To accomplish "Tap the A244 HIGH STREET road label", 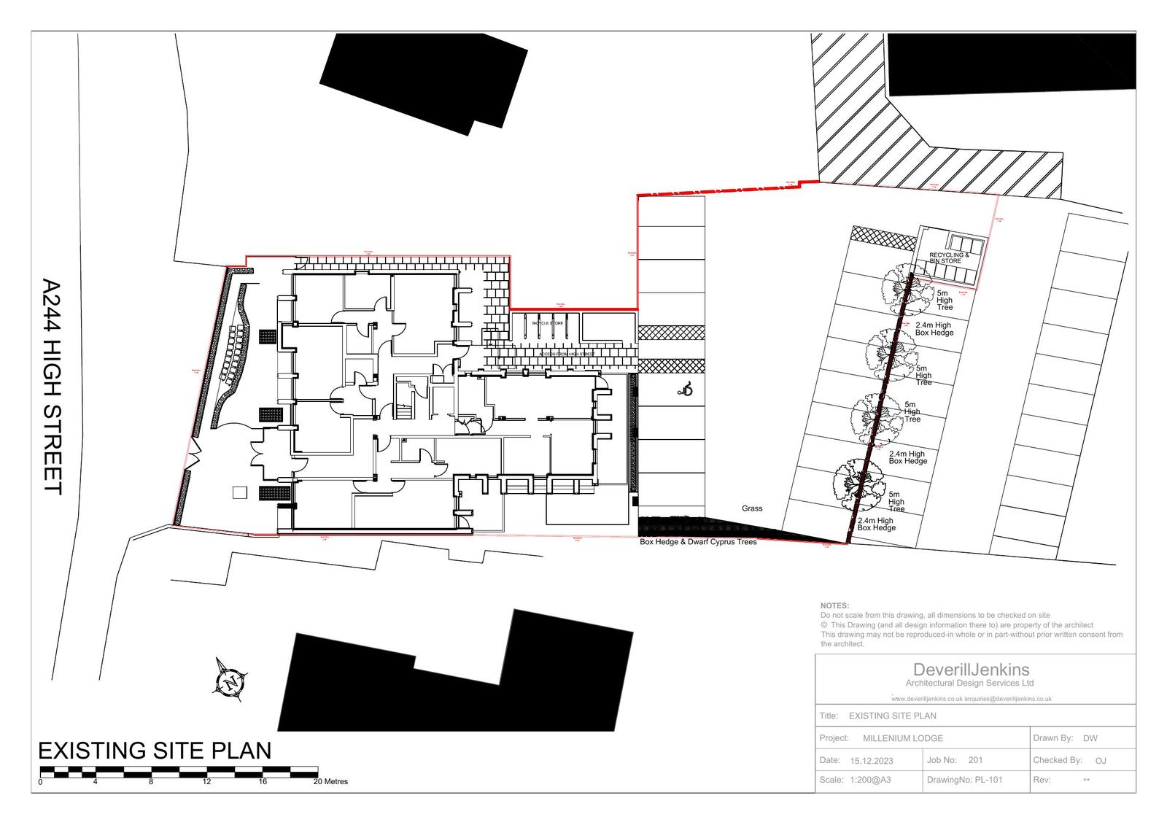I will (53, 387).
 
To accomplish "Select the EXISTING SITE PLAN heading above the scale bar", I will (155, 751).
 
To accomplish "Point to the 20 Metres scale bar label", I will (331, 782).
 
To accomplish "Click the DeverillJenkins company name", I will (971, 670).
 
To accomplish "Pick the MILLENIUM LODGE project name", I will (903, 738).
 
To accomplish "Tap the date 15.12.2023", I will (871, 761).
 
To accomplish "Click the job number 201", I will (976, 760).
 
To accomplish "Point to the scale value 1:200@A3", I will (870, 780).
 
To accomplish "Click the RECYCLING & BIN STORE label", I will (948, 258).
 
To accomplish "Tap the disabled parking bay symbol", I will (685, 392).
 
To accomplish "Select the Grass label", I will (752, 508).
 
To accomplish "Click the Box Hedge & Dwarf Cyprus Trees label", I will (698, 542).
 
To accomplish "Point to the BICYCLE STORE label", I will (547, 322).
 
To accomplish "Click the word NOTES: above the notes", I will (834, 605).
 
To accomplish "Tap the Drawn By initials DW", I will (1090, 738).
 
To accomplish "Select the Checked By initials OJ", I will (1101, 761).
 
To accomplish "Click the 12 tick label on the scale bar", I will (207, 782).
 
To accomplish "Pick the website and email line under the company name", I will (971, 698).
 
